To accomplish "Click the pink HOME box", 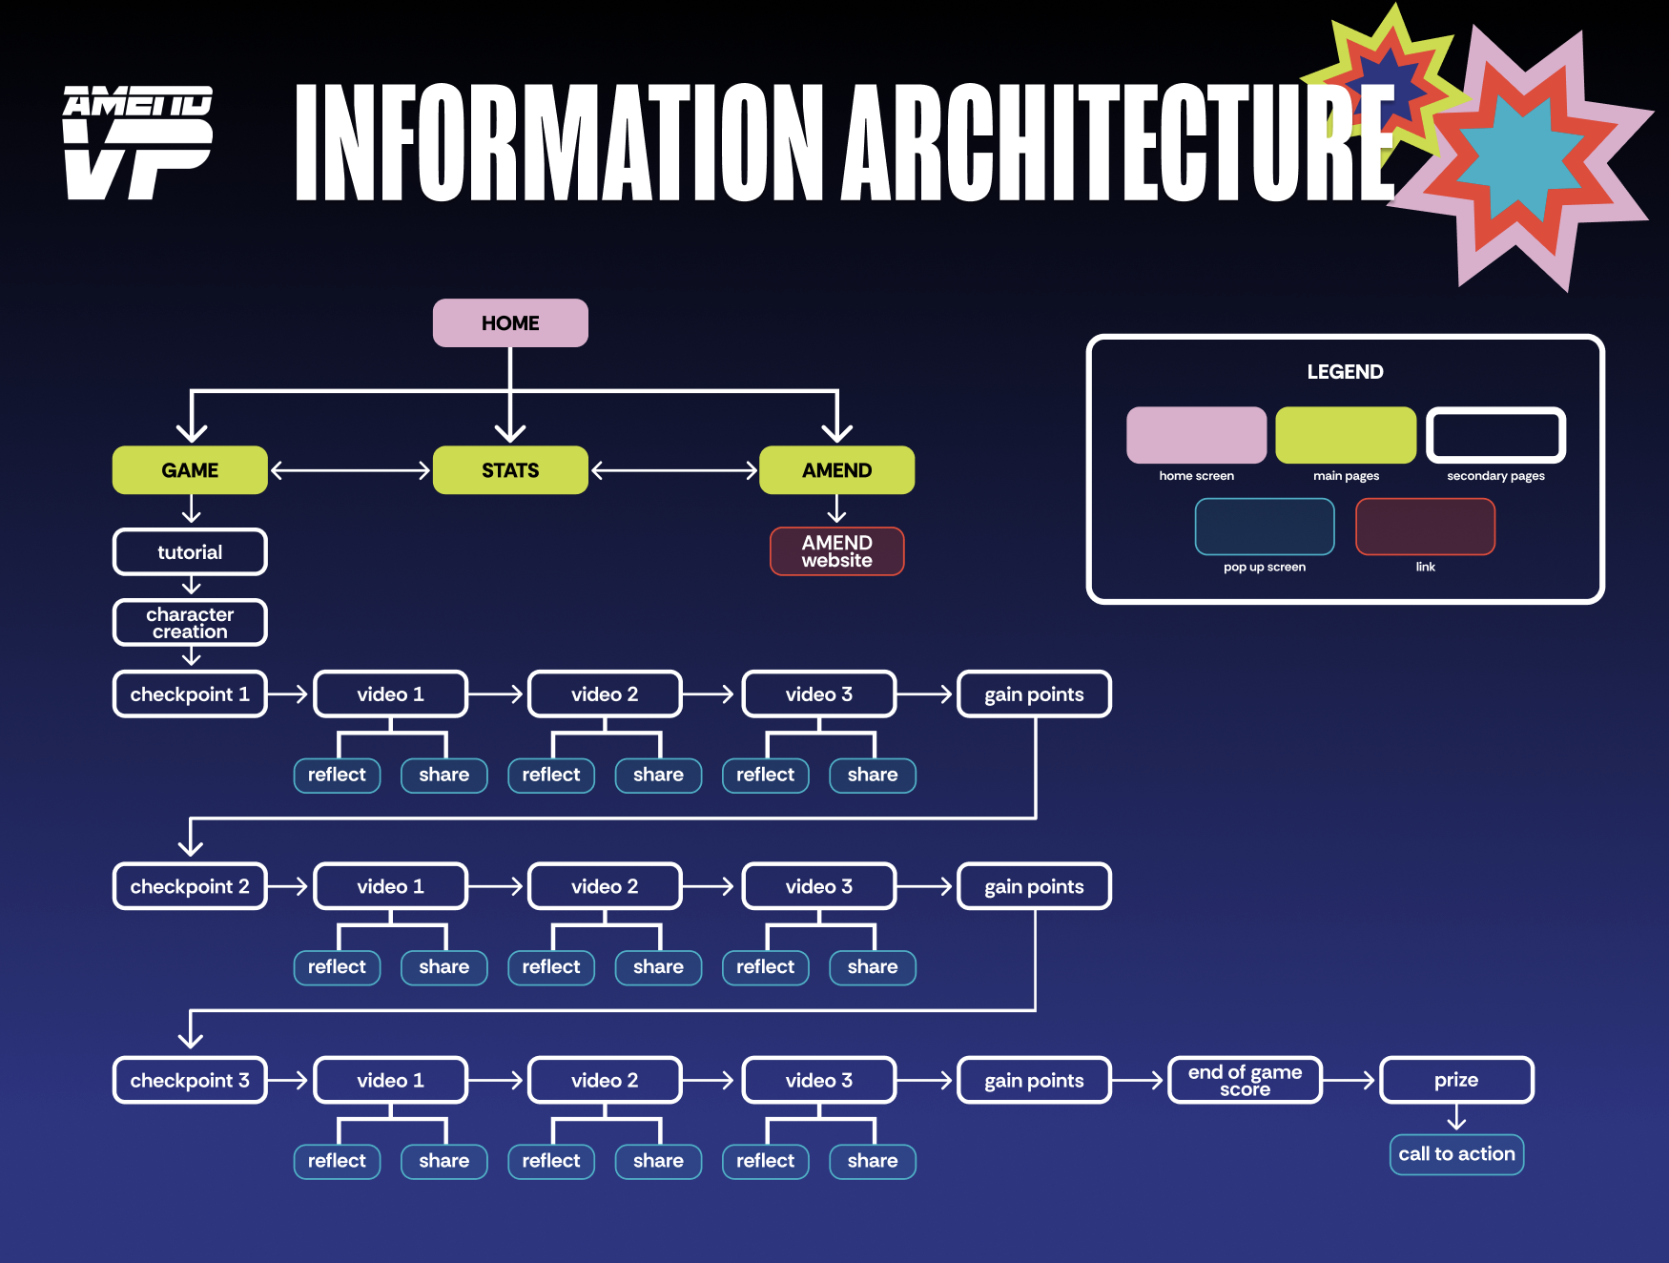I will point(510,323).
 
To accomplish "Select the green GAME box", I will point(190,470).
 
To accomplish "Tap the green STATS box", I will point(510,470).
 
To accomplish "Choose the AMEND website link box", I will point(836,551).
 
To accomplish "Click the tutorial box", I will point(190,552).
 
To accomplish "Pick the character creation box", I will point(190,623).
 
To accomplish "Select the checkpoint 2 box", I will point(190,886).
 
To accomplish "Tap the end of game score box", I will point(1245,1080).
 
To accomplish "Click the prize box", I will point(1456,1080).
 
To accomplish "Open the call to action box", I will point(1456,1154).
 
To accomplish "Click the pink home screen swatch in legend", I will point(1196,435).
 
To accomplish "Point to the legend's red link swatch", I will point(1425,527).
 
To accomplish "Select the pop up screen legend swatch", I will point(1265,527).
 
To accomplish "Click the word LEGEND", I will point(1345,372).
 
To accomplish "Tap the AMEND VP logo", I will point(138,143).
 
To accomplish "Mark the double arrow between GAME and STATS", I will point(350,470).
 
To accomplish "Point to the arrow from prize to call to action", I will point(1456,1118).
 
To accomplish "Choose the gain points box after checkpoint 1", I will point(1034,694).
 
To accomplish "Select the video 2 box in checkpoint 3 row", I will point(605,1080).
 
